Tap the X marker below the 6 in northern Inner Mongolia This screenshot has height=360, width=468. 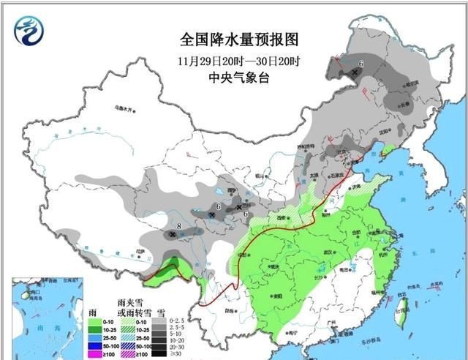[355, 73]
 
